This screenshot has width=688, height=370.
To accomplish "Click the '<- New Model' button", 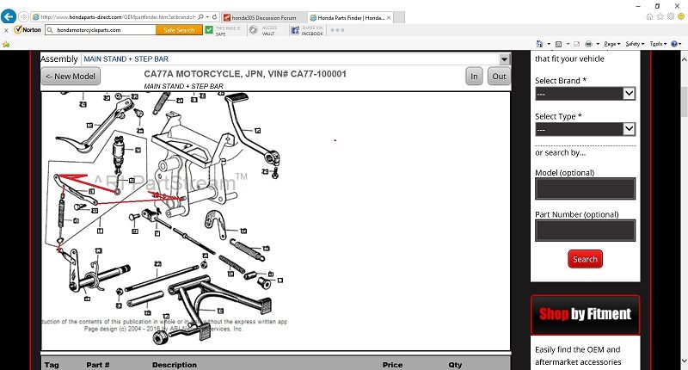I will pos(71,77).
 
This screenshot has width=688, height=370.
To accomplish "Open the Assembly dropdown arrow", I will pos(505,59).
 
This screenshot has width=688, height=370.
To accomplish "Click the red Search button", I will pos(585,259).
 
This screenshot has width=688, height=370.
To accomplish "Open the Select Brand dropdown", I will pos(585,93).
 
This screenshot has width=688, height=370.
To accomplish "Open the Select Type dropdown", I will pos(585,129).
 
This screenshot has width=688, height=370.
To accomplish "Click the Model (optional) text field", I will pos(585,188).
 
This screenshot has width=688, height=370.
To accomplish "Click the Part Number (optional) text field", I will pos(585,230).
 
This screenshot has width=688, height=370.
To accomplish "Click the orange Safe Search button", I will pos(179,30).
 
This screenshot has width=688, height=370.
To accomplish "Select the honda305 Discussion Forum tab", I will pos(262,17).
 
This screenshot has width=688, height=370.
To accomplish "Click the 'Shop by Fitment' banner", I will pos(586,315).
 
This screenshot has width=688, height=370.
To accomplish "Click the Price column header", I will pos(392,365).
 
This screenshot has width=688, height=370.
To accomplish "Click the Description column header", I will pos(175,365).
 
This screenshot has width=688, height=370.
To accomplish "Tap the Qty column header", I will pos(455,365).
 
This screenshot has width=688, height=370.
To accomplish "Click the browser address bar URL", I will pos(129,17).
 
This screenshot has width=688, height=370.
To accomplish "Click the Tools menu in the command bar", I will pos(657,43).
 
